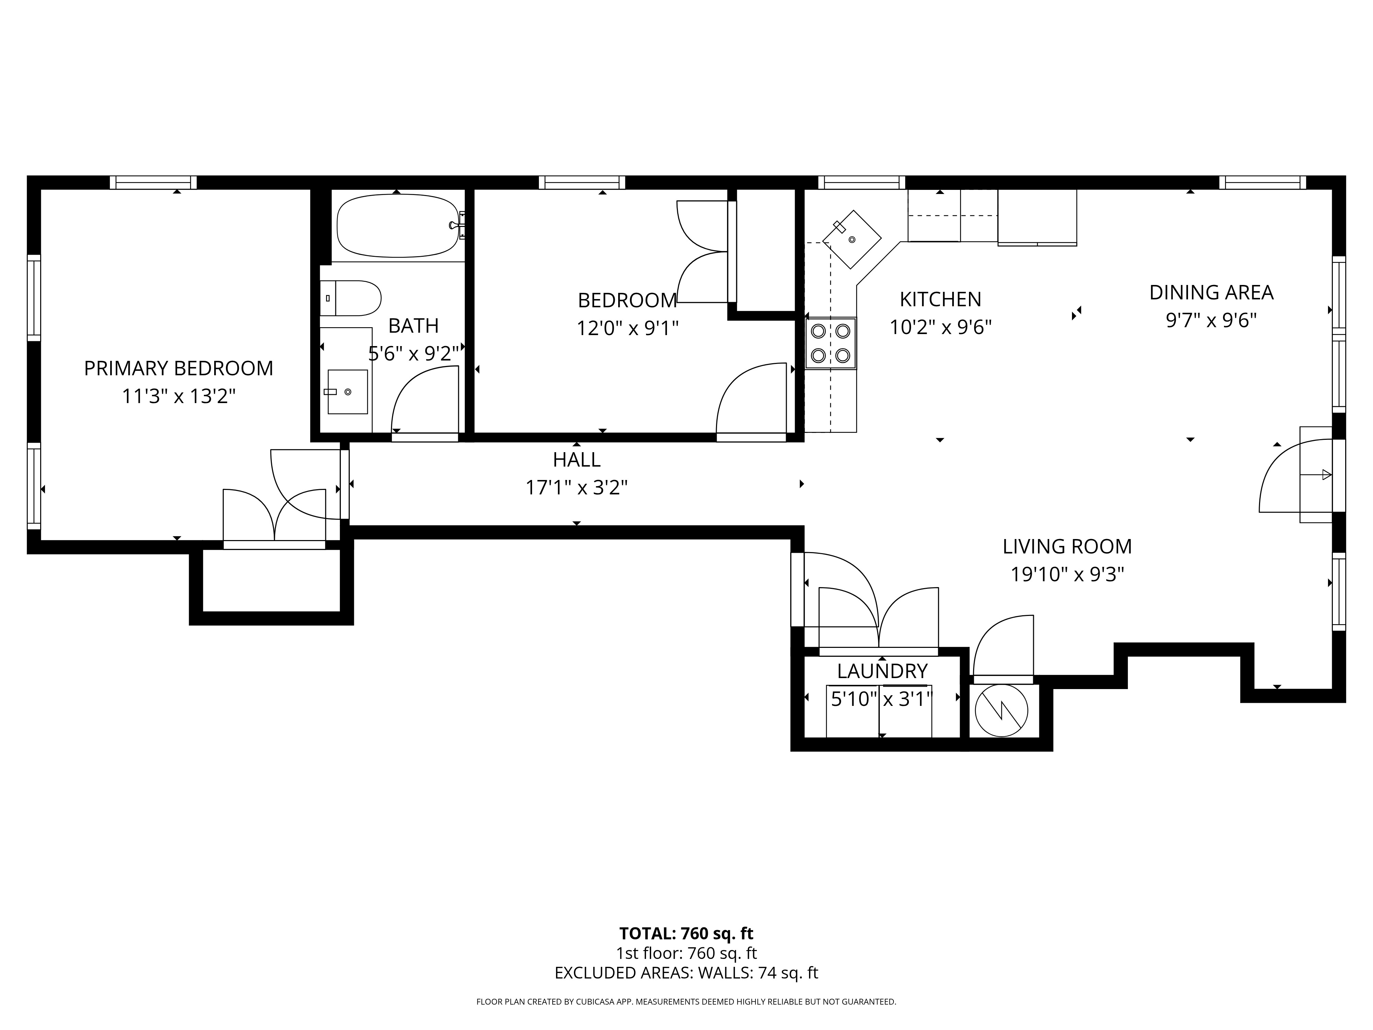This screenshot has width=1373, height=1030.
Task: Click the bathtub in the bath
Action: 397,226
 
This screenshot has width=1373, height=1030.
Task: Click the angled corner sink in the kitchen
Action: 852,239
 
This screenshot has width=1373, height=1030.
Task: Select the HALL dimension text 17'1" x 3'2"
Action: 577,488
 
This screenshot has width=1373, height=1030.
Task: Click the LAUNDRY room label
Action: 882,671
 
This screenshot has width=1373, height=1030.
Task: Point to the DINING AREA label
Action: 1211,293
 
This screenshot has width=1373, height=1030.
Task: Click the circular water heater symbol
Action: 1001,711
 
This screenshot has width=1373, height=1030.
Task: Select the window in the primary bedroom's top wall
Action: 153,183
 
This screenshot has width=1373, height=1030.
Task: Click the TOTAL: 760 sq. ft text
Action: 686,951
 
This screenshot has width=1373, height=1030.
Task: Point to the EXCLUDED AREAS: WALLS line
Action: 686,990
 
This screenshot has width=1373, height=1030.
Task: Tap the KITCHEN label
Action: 941,299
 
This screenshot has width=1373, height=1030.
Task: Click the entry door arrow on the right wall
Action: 1316,475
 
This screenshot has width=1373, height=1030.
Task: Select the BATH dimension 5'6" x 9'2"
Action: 413,354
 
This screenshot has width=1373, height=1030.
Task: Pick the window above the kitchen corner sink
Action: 862,183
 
